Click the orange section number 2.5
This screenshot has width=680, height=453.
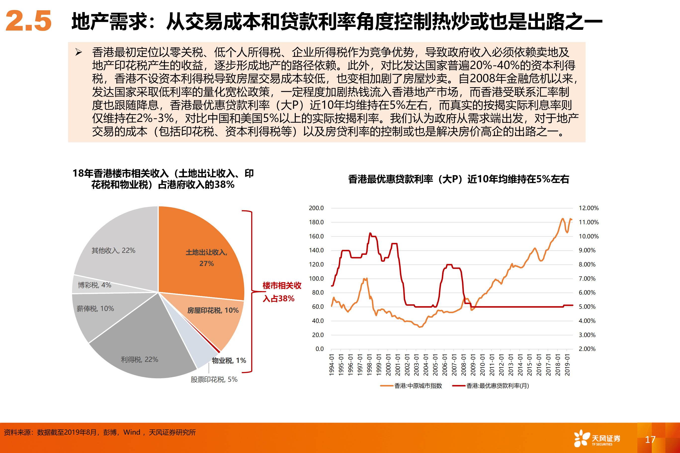coord(28,21)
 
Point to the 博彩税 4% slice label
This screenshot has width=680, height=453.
coord(94,285)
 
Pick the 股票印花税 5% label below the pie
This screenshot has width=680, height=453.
coord(214,379)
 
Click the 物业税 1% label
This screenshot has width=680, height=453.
coord(229,360)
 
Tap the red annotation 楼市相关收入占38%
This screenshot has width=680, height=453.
coord(281,292)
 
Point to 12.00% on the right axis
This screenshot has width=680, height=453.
coord(588,208)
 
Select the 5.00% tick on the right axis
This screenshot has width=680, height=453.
coord(587,306)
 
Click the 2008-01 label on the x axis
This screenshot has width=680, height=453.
coord(464,365)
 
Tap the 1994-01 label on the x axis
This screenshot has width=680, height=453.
coord(332,365)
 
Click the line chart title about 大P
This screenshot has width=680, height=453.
coord(458,179)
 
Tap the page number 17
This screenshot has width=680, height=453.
coord(650,439)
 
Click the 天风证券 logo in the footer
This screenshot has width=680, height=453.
coord(597,439)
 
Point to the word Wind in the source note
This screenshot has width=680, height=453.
coord(131,432)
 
